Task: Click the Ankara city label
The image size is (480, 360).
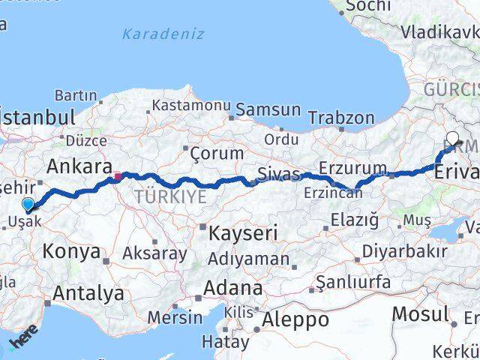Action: pos(79,166)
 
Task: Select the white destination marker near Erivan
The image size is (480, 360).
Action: pos(454,138)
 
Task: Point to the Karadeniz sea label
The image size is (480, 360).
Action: pos(163,34)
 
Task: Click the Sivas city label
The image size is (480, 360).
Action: pos(278,175)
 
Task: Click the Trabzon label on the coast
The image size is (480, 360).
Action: pos(341,118)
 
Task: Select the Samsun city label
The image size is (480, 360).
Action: pos(268,109)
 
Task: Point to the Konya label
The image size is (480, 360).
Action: pos(71,251)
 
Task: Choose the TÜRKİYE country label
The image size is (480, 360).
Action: pos(171,197)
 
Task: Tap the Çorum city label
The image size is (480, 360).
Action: pos(217,153)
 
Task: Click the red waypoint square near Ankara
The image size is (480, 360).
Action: pos(118,178)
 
